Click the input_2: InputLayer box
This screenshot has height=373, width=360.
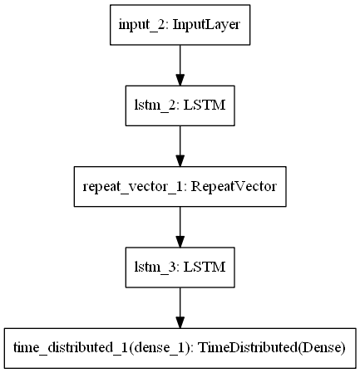tap(180, 26)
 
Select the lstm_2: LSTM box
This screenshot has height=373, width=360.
tap(180, 106)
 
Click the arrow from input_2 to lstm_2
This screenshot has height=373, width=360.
tap(180, 63)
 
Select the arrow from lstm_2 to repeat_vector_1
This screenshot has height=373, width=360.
tap(180, 143)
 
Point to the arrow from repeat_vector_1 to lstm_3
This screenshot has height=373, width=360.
tap(180, 223)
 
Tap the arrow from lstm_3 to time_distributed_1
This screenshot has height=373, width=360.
tap(180, 302)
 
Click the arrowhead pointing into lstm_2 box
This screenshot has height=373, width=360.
tap(180, 77)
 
